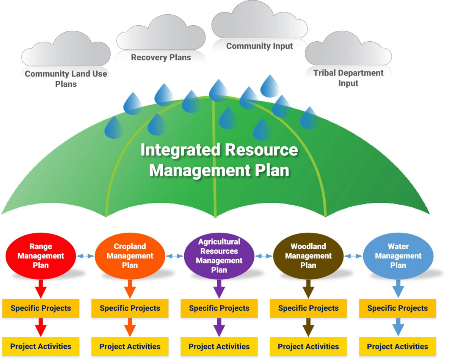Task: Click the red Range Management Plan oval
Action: (x=41, y=256)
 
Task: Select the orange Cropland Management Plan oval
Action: (x=130, y=256)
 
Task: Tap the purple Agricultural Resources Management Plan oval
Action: (x=219, y=256)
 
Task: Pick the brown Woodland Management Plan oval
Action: (x=308, y=256)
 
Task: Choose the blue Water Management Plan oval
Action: (x=398, y=256)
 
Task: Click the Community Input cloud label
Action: (x=259, y=46)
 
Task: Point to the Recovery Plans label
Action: (x=161, y=58)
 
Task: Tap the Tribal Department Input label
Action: (x=348, y=78)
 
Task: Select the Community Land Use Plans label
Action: (x=66, y=79)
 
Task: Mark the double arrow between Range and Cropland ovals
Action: (x=85, y=256)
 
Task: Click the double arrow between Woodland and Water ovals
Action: (x=353, y=256)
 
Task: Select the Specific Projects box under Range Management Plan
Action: (x=41, y=308)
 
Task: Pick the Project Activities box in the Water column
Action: (x=397, y=347)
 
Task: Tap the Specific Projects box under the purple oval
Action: (x=219, y=308)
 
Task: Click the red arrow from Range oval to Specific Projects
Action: (x=41, y=289)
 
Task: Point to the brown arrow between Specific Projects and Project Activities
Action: (x=308, y=327)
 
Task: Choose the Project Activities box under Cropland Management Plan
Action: (x=130, y=347)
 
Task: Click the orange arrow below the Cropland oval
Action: (x=130, y=289)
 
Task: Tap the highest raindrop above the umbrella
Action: (x=270, y=86)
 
